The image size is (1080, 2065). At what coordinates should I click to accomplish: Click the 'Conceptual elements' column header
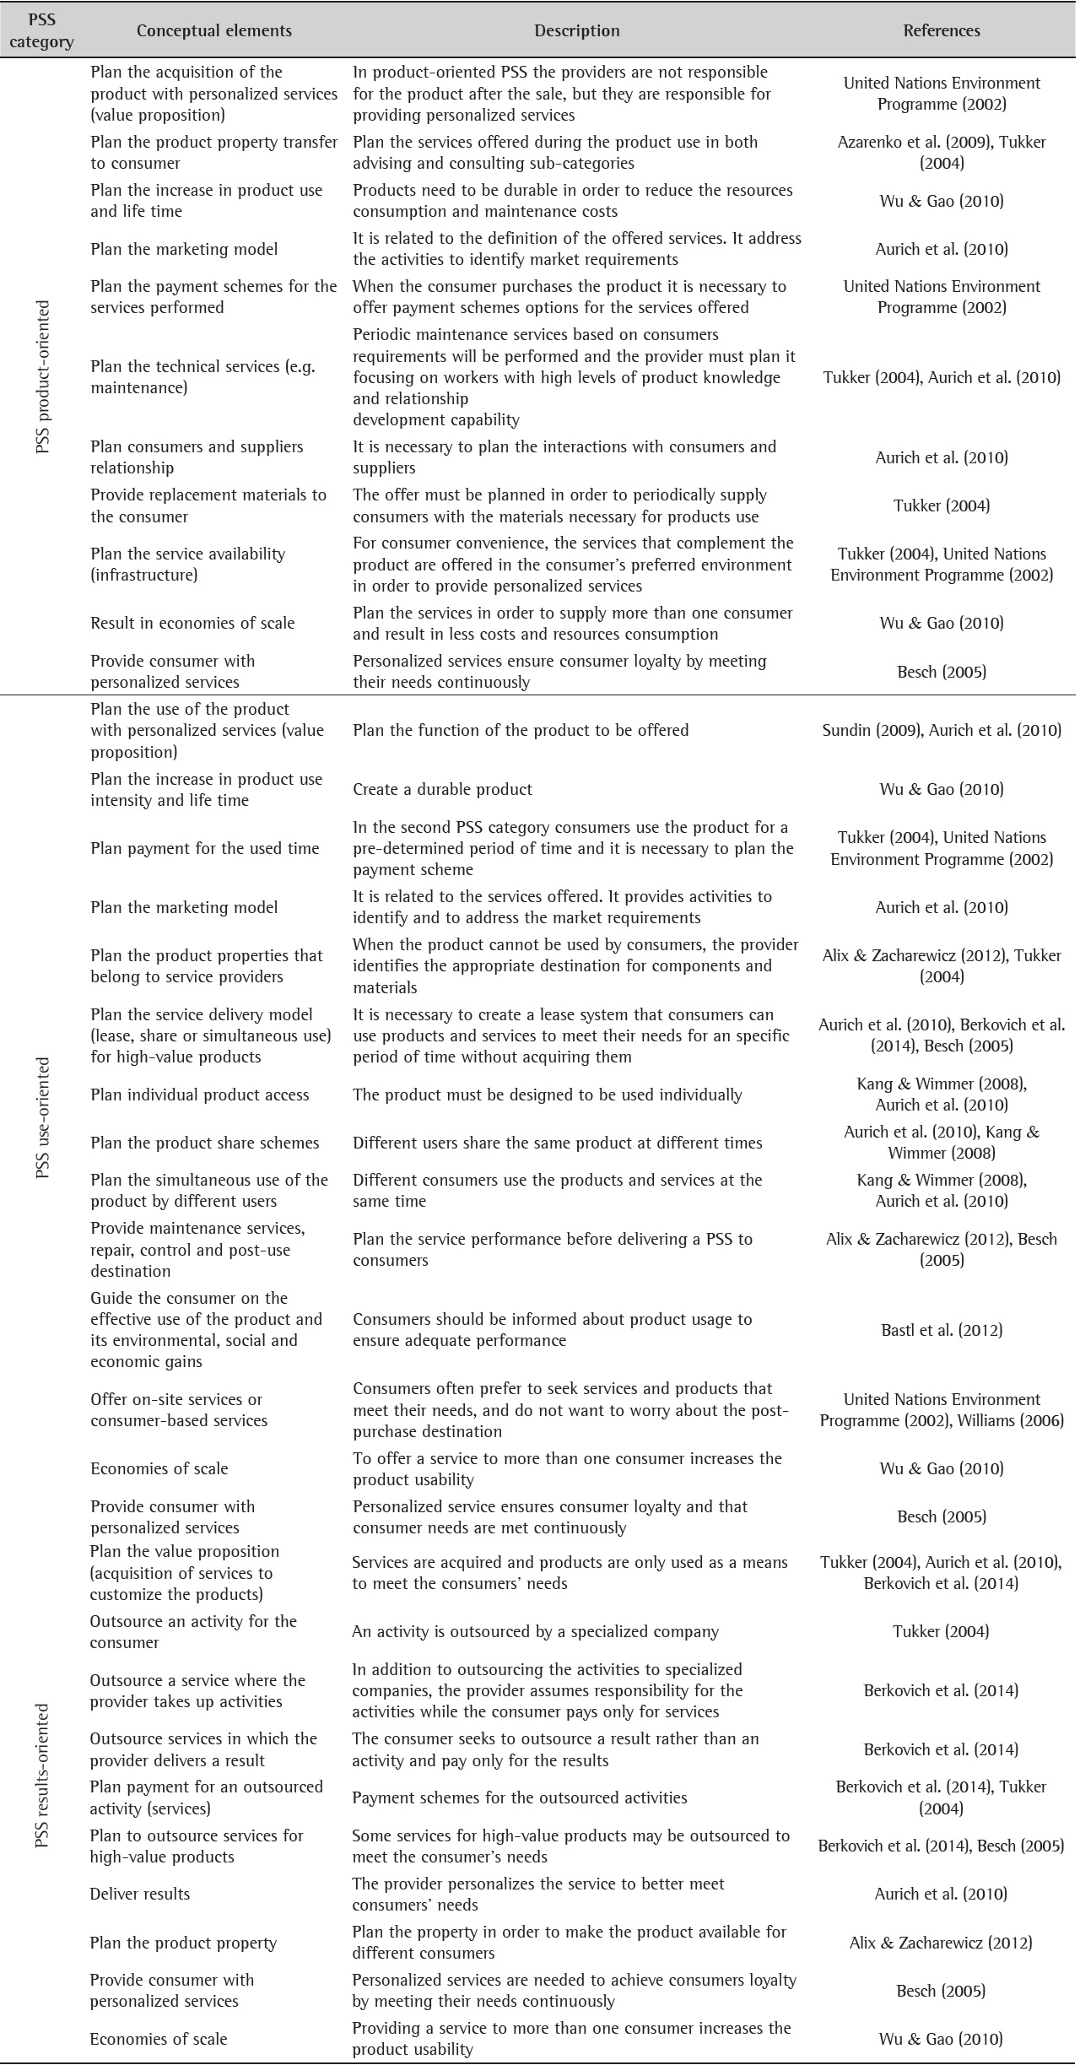(214, 31)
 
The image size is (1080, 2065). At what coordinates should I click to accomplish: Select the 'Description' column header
(577, 31)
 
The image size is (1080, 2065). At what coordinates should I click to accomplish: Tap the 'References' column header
(942, 31)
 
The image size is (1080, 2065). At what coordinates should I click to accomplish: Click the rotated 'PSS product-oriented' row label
(43, 376)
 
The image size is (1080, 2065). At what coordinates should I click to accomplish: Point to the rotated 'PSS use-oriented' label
(43, 1117)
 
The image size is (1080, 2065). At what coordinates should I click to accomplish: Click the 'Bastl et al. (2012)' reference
(942, 1330)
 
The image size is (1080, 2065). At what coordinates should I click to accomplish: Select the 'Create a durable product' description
(442, 790)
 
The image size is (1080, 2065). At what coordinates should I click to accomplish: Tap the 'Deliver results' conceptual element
(140, 1894)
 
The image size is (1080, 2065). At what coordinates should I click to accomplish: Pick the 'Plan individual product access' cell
(200, 1095)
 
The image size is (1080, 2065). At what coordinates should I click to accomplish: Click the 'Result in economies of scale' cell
(192, 624)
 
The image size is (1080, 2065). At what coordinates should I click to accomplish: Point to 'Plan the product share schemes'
(205, 1143)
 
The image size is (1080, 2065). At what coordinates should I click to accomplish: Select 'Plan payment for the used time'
(205, 848)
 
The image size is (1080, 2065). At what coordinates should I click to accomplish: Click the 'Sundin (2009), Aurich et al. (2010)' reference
(942, 731)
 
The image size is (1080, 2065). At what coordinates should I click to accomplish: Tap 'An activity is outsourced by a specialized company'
(535, 1631)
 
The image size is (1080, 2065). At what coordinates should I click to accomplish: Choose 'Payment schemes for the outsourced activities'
(520, 1797)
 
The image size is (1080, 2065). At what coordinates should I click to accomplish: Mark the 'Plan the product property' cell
(183, 1943)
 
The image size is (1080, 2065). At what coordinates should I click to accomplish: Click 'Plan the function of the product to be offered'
(521, 731)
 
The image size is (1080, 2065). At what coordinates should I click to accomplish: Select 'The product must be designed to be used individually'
(548, 1095)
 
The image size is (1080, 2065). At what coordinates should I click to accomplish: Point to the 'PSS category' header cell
(41, 31)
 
